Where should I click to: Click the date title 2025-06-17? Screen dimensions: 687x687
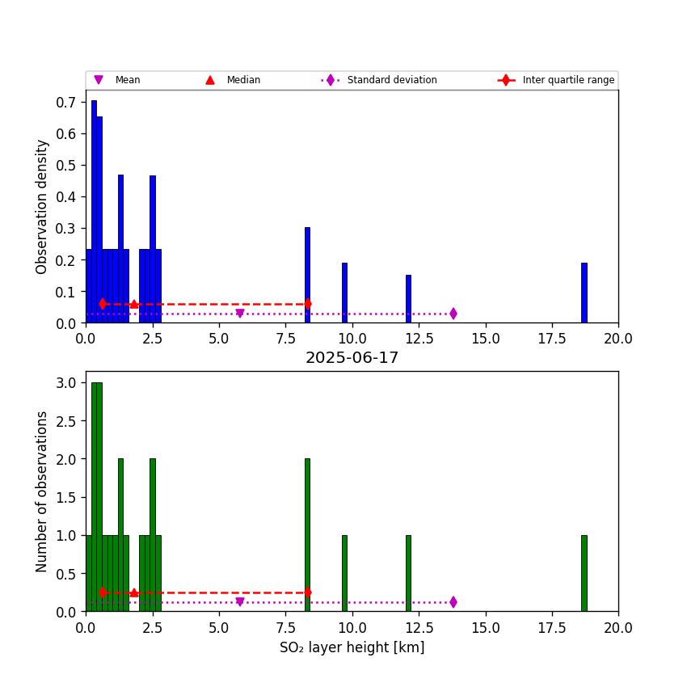point(352,358)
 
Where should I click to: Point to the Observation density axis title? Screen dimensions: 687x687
point(42,206)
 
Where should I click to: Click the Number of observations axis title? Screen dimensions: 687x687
point(42,491)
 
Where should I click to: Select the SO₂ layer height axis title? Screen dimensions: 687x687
point(352,647)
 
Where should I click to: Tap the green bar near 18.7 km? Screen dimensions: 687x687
point(584,573)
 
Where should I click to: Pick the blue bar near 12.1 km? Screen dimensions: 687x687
point(408,299)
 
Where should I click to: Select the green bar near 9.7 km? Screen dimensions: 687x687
point(344,573)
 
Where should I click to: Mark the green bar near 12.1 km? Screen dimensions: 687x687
point(408,573)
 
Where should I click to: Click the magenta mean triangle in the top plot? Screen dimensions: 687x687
point(239,314)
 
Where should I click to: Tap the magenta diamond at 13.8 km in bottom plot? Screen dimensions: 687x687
point(453,602)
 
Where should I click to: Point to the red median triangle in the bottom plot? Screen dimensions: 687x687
point(134,592)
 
